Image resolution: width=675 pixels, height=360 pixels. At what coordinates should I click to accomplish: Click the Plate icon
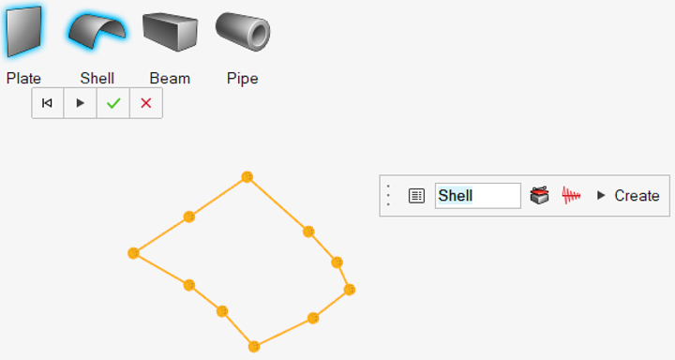point(23,33)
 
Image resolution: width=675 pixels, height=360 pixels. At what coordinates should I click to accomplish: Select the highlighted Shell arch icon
point(97,33)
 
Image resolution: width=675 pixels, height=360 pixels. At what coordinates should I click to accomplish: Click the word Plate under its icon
point(23,79)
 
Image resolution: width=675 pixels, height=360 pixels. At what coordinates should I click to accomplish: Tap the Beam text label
point(170,79)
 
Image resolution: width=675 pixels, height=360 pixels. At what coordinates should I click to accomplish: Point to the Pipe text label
point(243,79)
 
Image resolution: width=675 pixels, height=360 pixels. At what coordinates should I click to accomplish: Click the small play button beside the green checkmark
point(81,103)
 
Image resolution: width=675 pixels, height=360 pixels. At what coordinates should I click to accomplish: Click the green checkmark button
point(113,103)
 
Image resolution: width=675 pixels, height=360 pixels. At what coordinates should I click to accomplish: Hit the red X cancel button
point(145,103)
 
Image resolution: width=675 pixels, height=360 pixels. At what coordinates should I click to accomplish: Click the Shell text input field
point(477,196)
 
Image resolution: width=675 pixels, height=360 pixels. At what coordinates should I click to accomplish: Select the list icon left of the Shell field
point(416,196)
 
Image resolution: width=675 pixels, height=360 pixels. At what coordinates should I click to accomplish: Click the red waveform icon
point(571,196)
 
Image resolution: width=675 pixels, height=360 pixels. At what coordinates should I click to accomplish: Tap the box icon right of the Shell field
point(539,196)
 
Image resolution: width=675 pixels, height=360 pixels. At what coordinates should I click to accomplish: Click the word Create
point(637,196)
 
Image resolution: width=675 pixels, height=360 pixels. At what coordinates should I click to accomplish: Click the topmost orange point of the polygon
point(247,176)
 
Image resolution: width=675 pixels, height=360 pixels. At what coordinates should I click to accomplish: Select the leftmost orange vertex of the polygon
point(133,253)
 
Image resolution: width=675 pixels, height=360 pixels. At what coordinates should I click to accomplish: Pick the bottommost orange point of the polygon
point(254,346)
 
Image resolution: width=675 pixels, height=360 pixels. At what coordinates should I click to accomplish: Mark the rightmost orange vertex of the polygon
point(350,290)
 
